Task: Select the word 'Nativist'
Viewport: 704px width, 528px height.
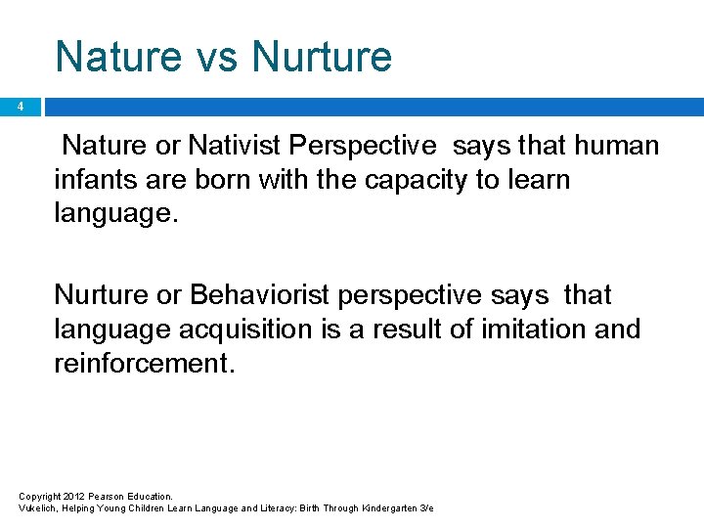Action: coord(235,147)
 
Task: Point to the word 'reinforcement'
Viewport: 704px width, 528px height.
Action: coord(144,363)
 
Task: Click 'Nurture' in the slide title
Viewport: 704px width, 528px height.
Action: coord(322,56)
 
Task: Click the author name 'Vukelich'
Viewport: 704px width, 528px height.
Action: coord(38,508)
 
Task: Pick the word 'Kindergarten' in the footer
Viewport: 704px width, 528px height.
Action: coord(388,508)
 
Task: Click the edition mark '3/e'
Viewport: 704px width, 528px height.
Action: coord(426,508)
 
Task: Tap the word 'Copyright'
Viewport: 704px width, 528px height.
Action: coord(39,497)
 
